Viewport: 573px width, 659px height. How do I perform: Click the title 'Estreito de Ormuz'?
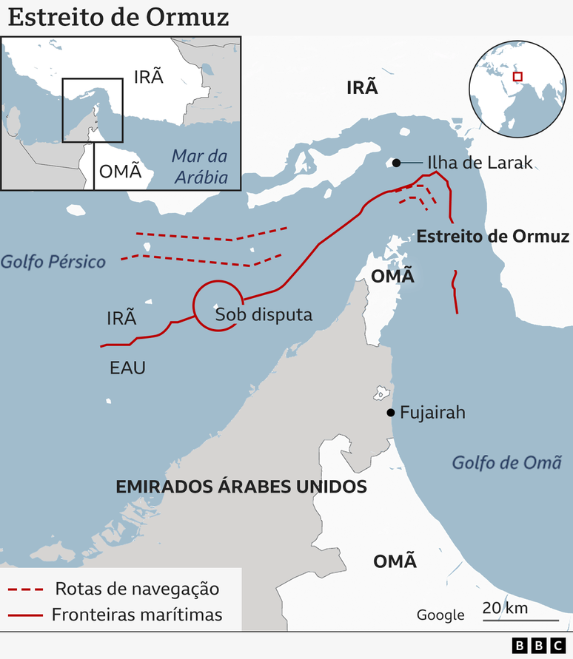point(118,17)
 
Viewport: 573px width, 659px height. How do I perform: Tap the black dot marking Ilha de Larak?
point(397,163)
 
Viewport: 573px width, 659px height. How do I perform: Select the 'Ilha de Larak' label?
point(480,163)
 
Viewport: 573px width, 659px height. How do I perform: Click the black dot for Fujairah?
point(389,413)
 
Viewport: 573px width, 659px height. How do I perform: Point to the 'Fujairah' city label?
point(432,413)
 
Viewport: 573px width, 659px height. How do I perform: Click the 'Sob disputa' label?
point(264,314)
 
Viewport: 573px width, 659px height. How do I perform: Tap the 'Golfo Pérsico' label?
point(53,261)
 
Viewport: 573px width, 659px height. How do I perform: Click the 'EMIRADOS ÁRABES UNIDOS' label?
point(241,487)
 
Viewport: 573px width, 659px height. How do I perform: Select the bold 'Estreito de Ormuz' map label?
point(493,237)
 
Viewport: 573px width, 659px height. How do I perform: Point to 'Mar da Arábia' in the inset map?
point(199,167)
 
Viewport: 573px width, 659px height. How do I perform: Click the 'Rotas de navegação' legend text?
point(137,589)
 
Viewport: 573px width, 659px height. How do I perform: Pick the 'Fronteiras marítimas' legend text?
point(137,615)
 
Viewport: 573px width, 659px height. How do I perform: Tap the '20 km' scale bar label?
point(505,608)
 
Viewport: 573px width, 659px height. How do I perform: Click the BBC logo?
point(539,646)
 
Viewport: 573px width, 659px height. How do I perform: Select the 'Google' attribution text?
point(440,615)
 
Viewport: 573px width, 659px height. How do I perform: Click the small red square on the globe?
point(517,76)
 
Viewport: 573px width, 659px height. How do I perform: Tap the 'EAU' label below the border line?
point(127,368)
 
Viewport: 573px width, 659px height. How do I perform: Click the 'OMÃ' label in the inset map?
point(120,172)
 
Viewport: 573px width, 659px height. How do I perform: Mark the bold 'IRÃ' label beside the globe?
point(362,88)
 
